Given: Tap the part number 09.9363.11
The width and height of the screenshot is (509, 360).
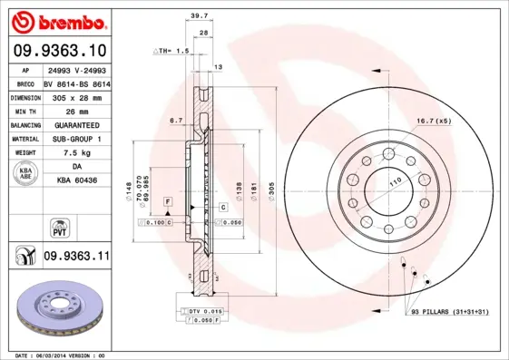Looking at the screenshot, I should point(76,257).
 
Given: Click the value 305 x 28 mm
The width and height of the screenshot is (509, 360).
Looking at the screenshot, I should point(76,95).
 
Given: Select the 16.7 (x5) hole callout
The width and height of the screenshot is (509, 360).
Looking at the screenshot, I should point(434,120).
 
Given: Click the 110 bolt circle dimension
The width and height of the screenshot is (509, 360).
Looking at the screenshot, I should point(396,182).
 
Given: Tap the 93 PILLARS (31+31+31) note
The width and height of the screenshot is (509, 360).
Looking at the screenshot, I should point(450,312).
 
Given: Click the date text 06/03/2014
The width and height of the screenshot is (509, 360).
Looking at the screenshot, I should point(58,355).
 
